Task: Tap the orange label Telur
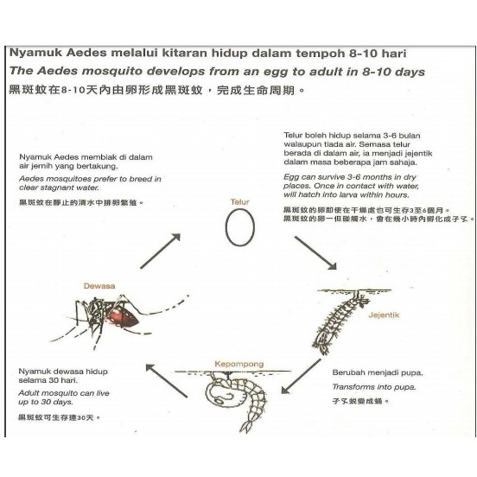pyautogui.click(x=239, y=201)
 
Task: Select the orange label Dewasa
pyautogui.click(x=99, y=286)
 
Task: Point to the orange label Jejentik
pyautogui.click(x=384, y=315)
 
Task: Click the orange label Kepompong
pyautogui.click(x=239, y=364)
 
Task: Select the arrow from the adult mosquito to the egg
pyautogui.click(x=161, y=251)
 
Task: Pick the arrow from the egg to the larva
pyautogui.click(x=315, y=252)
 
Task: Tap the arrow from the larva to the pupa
pyautogui.click(x=301, y=376)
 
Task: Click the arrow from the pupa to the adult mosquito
pyautogui.click(x=167, y=380)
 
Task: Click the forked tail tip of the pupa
pyautogui.click(x=246, y=427)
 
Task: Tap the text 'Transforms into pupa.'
pyautogui.click(x=374, y=387)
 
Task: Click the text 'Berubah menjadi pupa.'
pyautogui.click(x=378, y=372)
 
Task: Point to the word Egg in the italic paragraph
pyautogui.click(x=291, y=177)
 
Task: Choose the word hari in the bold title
pyautogui.click(x=394, y=54)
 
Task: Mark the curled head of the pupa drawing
pyautogui.click(x=219, y=391)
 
